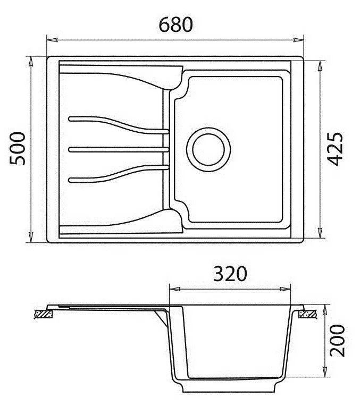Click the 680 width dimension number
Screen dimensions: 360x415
(176, 24)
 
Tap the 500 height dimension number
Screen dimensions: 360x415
(18, 149)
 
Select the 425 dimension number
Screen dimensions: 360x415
(335, 149)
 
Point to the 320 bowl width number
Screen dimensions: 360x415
(230, 274)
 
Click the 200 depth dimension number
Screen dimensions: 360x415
(337, 341)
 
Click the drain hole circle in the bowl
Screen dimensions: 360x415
(208, 150)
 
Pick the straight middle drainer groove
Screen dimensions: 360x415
(119, 150)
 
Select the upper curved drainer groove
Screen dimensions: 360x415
(119, 125)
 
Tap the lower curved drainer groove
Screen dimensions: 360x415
(119, 174)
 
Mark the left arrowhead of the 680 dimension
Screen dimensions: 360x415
(52, 40)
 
